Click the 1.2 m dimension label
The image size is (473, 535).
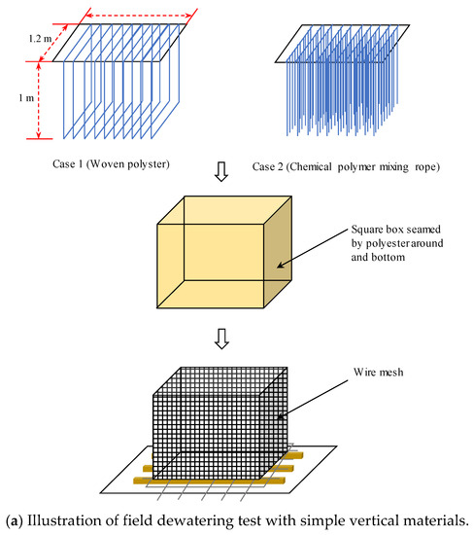pyautogui.click(x=40, y=39)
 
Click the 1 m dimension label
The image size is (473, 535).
pyautogui.click(x=26, y=98)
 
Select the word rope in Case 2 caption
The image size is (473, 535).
pyautogui.click(x=427, y=167)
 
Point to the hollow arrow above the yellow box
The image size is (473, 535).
pyautogui.click(x=221, y=171)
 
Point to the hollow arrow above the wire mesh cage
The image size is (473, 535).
pyautogui.click(x=221, y=339)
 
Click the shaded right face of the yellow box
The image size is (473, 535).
pyautogui.click(x=278, y=252)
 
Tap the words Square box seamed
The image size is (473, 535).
pyautogui.click(x=396, y=230)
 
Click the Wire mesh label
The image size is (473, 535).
pyautogui.click(x=378, y=372)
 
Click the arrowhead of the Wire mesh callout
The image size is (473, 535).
pyautogui.click(x=280, y=416)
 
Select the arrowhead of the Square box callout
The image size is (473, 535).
pyautogui.click(x=280, y=266)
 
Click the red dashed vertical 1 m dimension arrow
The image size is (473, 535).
pyautogui.click(x=39, y=100)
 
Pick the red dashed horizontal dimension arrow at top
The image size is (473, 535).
pyautogui.click(x=139, y=16)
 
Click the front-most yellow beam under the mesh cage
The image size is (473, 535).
pyautogui.click(x=209, y=481)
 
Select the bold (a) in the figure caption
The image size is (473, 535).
pyautogui.click(x=15, y=521)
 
